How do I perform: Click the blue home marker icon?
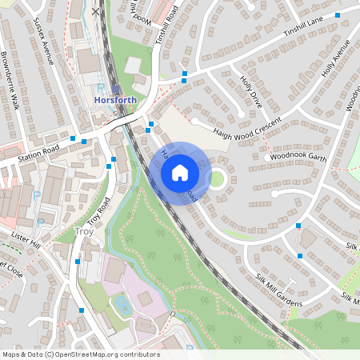point(180,172)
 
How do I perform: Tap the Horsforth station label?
point(116,101)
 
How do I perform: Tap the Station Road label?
point(40,153)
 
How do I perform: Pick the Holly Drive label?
point(250,91)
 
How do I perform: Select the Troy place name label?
point(83,232)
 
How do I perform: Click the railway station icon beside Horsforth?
point(117,89)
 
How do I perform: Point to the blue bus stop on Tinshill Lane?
point(338,15)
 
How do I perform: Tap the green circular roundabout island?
point(217,178)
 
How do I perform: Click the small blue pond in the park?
point(122,305)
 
